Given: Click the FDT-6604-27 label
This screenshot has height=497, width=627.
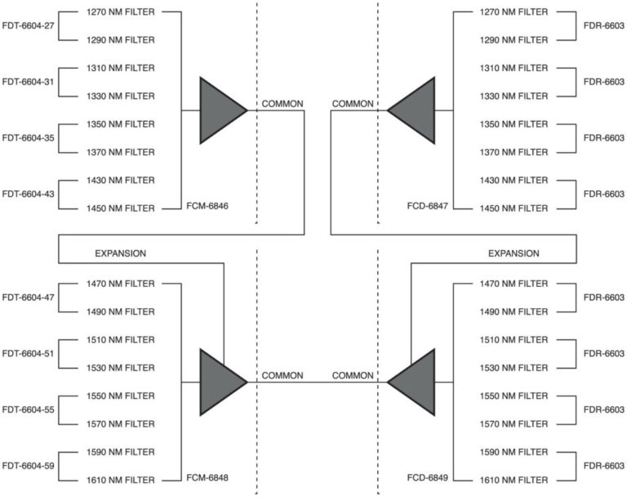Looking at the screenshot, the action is tap(28, 26).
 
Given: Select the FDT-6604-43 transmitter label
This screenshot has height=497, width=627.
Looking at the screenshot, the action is tap(28, 195).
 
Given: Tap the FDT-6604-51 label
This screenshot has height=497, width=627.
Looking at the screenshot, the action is tap(28, 354).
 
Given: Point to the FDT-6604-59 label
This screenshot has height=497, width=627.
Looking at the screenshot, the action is tap(28, 466).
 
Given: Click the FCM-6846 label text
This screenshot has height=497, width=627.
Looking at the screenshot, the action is tap(207, 206).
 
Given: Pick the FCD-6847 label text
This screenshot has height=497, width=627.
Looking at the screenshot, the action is tap(428, 206).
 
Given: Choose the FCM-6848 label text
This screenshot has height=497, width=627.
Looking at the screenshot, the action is tap(207, 477).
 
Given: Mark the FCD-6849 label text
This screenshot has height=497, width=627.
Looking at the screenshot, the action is tap(428, 477).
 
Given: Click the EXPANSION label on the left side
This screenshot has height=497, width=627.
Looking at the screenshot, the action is tap(120, 253).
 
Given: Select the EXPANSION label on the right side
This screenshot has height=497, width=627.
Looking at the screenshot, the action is tap(514, 253).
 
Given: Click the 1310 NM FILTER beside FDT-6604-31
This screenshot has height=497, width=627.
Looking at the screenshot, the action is tap(121, 68).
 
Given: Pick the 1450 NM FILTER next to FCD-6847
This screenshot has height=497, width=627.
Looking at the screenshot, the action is tap(514, 208).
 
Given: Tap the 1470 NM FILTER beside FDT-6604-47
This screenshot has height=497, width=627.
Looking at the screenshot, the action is tap(121, 284).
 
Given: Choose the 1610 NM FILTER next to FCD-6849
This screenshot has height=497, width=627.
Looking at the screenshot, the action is tap(514, 480).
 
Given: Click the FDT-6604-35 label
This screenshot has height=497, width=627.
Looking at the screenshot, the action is tap(28, 138).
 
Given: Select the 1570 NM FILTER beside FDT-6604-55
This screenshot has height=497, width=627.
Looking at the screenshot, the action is tap(121, 424).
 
